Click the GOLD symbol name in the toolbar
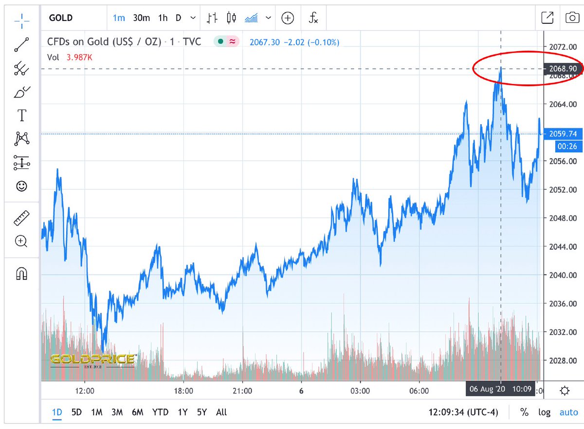pyautogui.click(x=61, y=18)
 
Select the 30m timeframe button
pyautogui.click(x=141, y=18)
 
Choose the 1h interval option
pyautogui.click(x=163, y=18)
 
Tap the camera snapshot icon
pyautogui.click(x=571, y=18)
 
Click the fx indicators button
pyautogui.click(x=313, y=18)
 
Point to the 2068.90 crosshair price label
pyautogui.click(x=563, y=69)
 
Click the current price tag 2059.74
pyautogui.click(x=563, y=133)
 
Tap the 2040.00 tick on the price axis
pyautogui.click(x=563, y=275)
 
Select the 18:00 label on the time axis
pyautogui.click(x=183, y=391)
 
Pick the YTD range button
pyautogui.click(x=160, y=412)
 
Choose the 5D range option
pyautogui.click(x=77, y=412)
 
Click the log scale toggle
pyautogui.click(x=544, y=412)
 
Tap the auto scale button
pyautogui.click(x=568, y=412)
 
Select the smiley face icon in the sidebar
pyautogui.click(x=21, y=186)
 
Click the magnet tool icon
pyautogui.click(x=21, y=274)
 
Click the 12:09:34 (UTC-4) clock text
pyautogui.click(x=463, y=412)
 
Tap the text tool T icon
pyautogui.click(x=21, y=115)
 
